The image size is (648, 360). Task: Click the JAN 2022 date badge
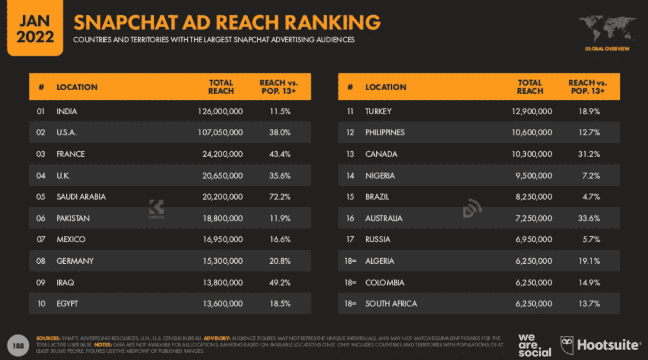[x=35, y=29]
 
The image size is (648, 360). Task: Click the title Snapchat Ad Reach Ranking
[x=227, y=22]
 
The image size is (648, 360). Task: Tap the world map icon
[x=607, y=29]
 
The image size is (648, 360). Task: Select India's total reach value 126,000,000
[x=220, y=111]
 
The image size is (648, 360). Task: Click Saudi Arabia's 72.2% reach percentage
[x=280, y=197]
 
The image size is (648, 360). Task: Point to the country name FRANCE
[x=70, y=154]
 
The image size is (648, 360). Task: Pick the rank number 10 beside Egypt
[x=41, y=303]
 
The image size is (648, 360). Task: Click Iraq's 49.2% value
[x=280, y=282]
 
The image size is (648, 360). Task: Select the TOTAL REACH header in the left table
[x=221, y=87]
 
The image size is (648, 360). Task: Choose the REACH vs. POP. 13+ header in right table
[x=587, y=87]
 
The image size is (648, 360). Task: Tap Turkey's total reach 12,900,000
[x=532, y=111]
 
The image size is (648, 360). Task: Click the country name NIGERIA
[x=380, y=176]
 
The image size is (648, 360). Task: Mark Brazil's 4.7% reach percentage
[x=591, y=197]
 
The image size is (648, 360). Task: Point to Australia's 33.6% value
[x=589, y=218]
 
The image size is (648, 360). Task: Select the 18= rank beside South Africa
[x=350, y=303]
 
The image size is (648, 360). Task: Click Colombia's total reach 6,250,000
[x=534, y=282]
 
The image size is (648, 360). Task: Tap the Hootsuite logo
[x=600, y=345]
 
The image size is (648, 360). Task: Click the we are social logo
[x=535, y=345]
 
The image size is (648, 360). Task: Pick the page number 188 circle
[x=18, y=346]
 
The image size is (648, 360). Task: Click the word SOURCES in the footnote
[x=48, y=338]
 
